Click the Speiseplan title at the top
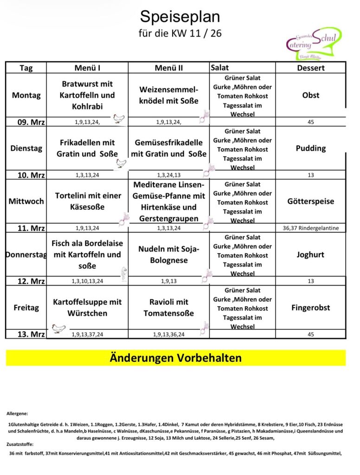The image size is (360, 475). [180, 17]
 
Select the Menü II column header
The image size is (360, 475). [168, 68]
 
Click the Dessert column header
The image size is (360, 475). [310, 68]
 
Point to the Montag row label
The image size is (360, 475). [26, 95]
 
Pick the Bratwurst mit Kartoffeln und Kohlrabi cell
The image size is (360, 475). [87, 95]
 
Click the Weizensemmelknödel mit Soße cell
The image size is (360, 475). [168, 95]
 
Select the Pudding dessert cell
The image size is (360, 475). [310, 148]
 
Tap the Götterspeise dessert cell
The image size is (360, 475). [310, 201]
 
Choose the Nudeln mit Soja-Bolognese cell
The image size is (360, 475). [168, 255]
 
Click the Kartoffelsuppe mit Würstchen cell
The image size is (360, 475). [87, 308]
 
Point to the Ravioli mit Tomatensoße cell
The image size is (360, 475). [168, 308]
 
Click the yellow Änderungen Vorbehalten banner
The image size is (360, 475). [175, 358]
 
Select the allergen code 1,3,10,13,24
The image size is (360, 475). [87, 281]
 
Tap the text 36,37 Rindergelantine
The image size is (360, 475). [310, 228]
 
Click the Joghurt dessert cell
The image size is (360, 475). [310, 255]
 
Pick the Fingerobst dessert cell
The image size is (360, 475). [310, 308]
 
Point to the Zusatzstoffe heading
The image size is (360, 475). [20, 444]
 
